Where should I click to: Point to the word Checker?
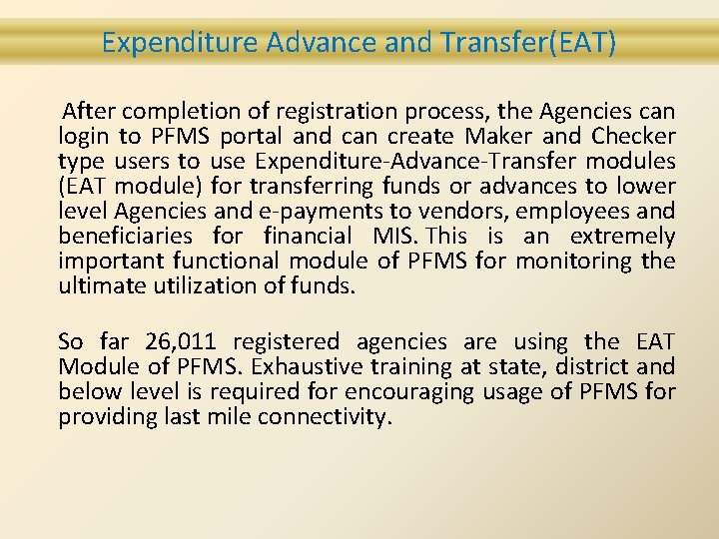[x=633, y=136]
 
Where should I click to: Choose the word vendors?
[x=523, y=211]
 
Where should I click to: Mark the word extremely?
[x=623, y=237]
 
